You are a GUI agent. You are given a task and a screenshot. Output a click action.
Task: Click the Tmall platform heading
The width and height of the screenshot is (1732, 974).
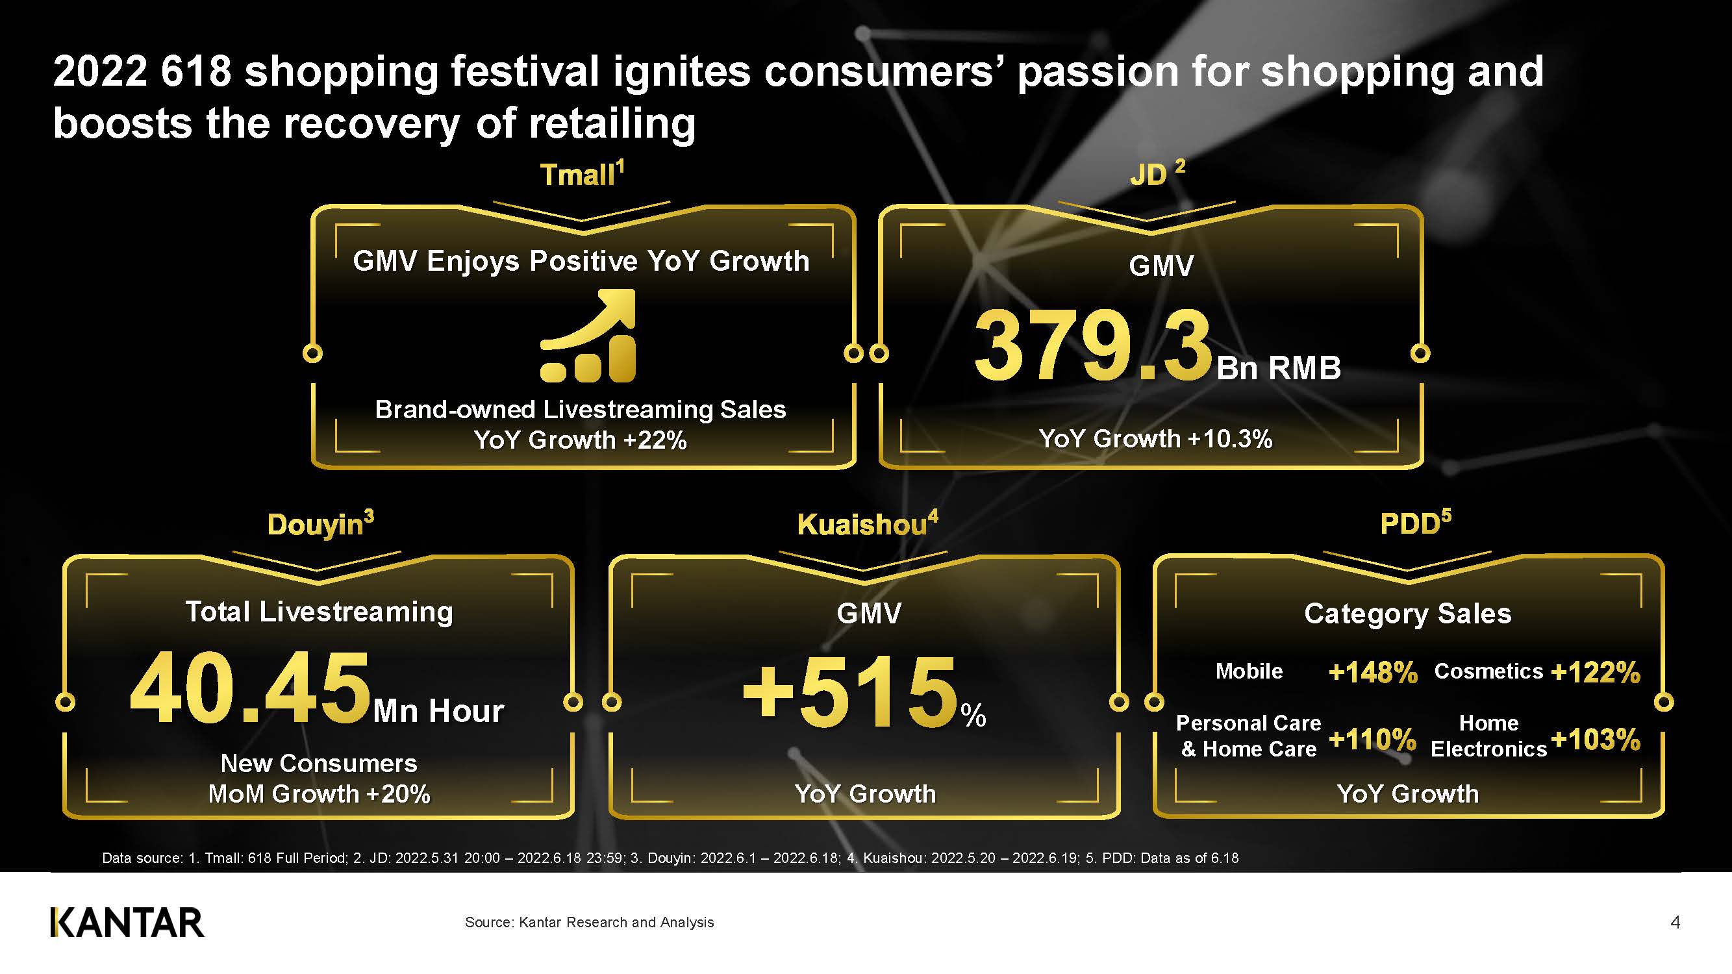pos(583,174)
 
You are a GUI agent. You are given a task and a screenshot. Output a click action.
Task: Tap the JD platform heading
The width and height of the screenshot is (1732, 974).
pos(1157,173)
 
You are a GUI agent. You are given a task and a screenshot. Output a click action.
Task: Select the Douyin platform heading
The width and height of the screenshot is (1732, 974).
pos(321,524)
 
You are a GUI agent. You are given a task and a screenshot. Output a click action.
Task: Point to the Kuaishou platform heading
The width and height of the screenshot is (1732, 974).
pos(868,523)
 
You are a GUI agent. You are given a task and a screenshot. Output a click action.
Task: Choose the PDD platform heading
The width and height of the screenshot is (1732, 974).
pos(1415,522)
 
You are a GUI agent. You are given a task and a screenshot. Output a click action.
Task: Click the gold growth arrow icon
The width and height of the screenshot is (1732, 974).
pos(588,336)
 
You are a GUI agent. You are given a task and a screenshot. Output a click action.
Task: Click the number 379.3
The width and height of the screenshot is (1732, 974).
pos(1093,345)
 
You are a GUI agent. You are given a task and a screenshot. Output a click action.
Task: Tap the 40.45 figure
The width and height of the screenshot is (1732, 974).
pos(250,688)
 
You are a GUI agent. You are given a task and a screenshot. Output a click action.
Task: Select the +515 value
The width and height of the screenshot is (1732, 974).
pos(850,692)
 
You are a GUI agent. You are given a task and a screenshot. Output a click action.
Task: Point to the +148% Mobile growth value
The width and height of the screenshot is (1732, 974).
pos(1372,671)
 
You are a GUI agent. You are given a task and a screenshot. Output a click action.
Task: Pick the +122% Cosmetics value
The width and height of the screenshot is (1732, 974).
pos(1595,671)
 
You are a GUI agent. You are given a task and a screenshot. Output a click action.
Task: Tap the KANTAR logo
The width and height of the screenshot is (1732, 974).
pos(127,922)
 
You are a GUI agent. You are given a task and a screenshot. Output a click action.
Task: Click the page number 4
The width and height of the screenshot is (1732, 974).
pos(1675,922)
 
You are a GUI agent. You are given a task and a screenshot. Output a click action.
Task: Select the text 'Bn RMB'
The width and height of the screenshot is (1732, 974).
pos(1279,368)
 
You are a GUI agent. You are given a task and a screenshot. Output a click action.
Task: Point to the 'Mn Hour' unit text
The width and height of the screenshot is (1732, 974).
pos(438,710)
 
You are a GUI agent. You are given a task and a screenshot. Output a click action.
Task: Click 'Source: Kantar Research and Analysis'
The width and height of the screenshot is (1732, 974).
pos(589,922)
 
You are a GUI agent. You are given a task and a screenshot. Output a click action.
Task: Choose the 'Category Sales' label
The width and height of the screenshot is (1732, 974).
pos(1408,614)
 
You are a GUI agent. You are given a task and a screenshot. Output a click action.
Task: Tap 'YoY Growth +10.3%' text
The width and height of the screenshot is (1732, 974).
pos(1155,439)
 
